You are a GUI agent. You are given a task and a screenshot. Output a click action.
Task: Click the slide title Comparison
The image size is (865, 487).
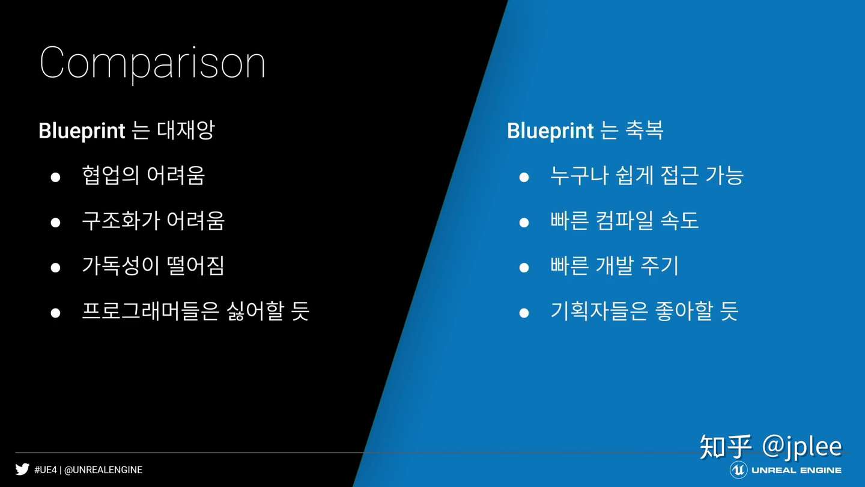152,63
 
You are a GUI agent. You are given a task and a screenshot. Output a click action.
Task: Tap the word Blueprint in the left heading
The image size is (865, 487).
82,131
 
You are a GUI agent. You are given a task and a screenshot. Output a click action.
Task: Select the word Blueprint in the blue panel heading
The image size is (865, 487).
550,131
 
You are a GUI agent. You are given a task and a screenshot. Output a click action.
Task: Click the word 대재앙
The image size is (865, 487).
186,130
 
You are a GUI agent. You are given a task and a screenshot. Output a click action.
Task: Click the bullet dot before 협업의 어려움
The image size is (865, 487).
56,177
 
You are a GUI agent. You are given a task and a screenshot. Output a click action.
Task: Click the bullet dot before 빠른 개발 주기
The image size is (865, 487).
524,268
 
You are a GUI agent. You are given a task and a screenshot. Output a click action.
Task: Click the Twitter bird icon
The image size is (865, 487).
22,469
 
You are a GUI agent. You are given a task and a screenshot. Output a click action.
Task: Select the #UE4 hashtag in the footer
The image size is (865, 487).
46,470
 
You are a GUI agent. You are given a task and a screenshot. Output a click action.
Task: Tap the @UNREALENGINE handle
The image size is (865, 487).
103,470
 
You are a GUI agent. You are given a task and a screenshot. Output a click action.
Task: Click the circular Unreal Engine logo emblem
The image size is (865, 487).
738,470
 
